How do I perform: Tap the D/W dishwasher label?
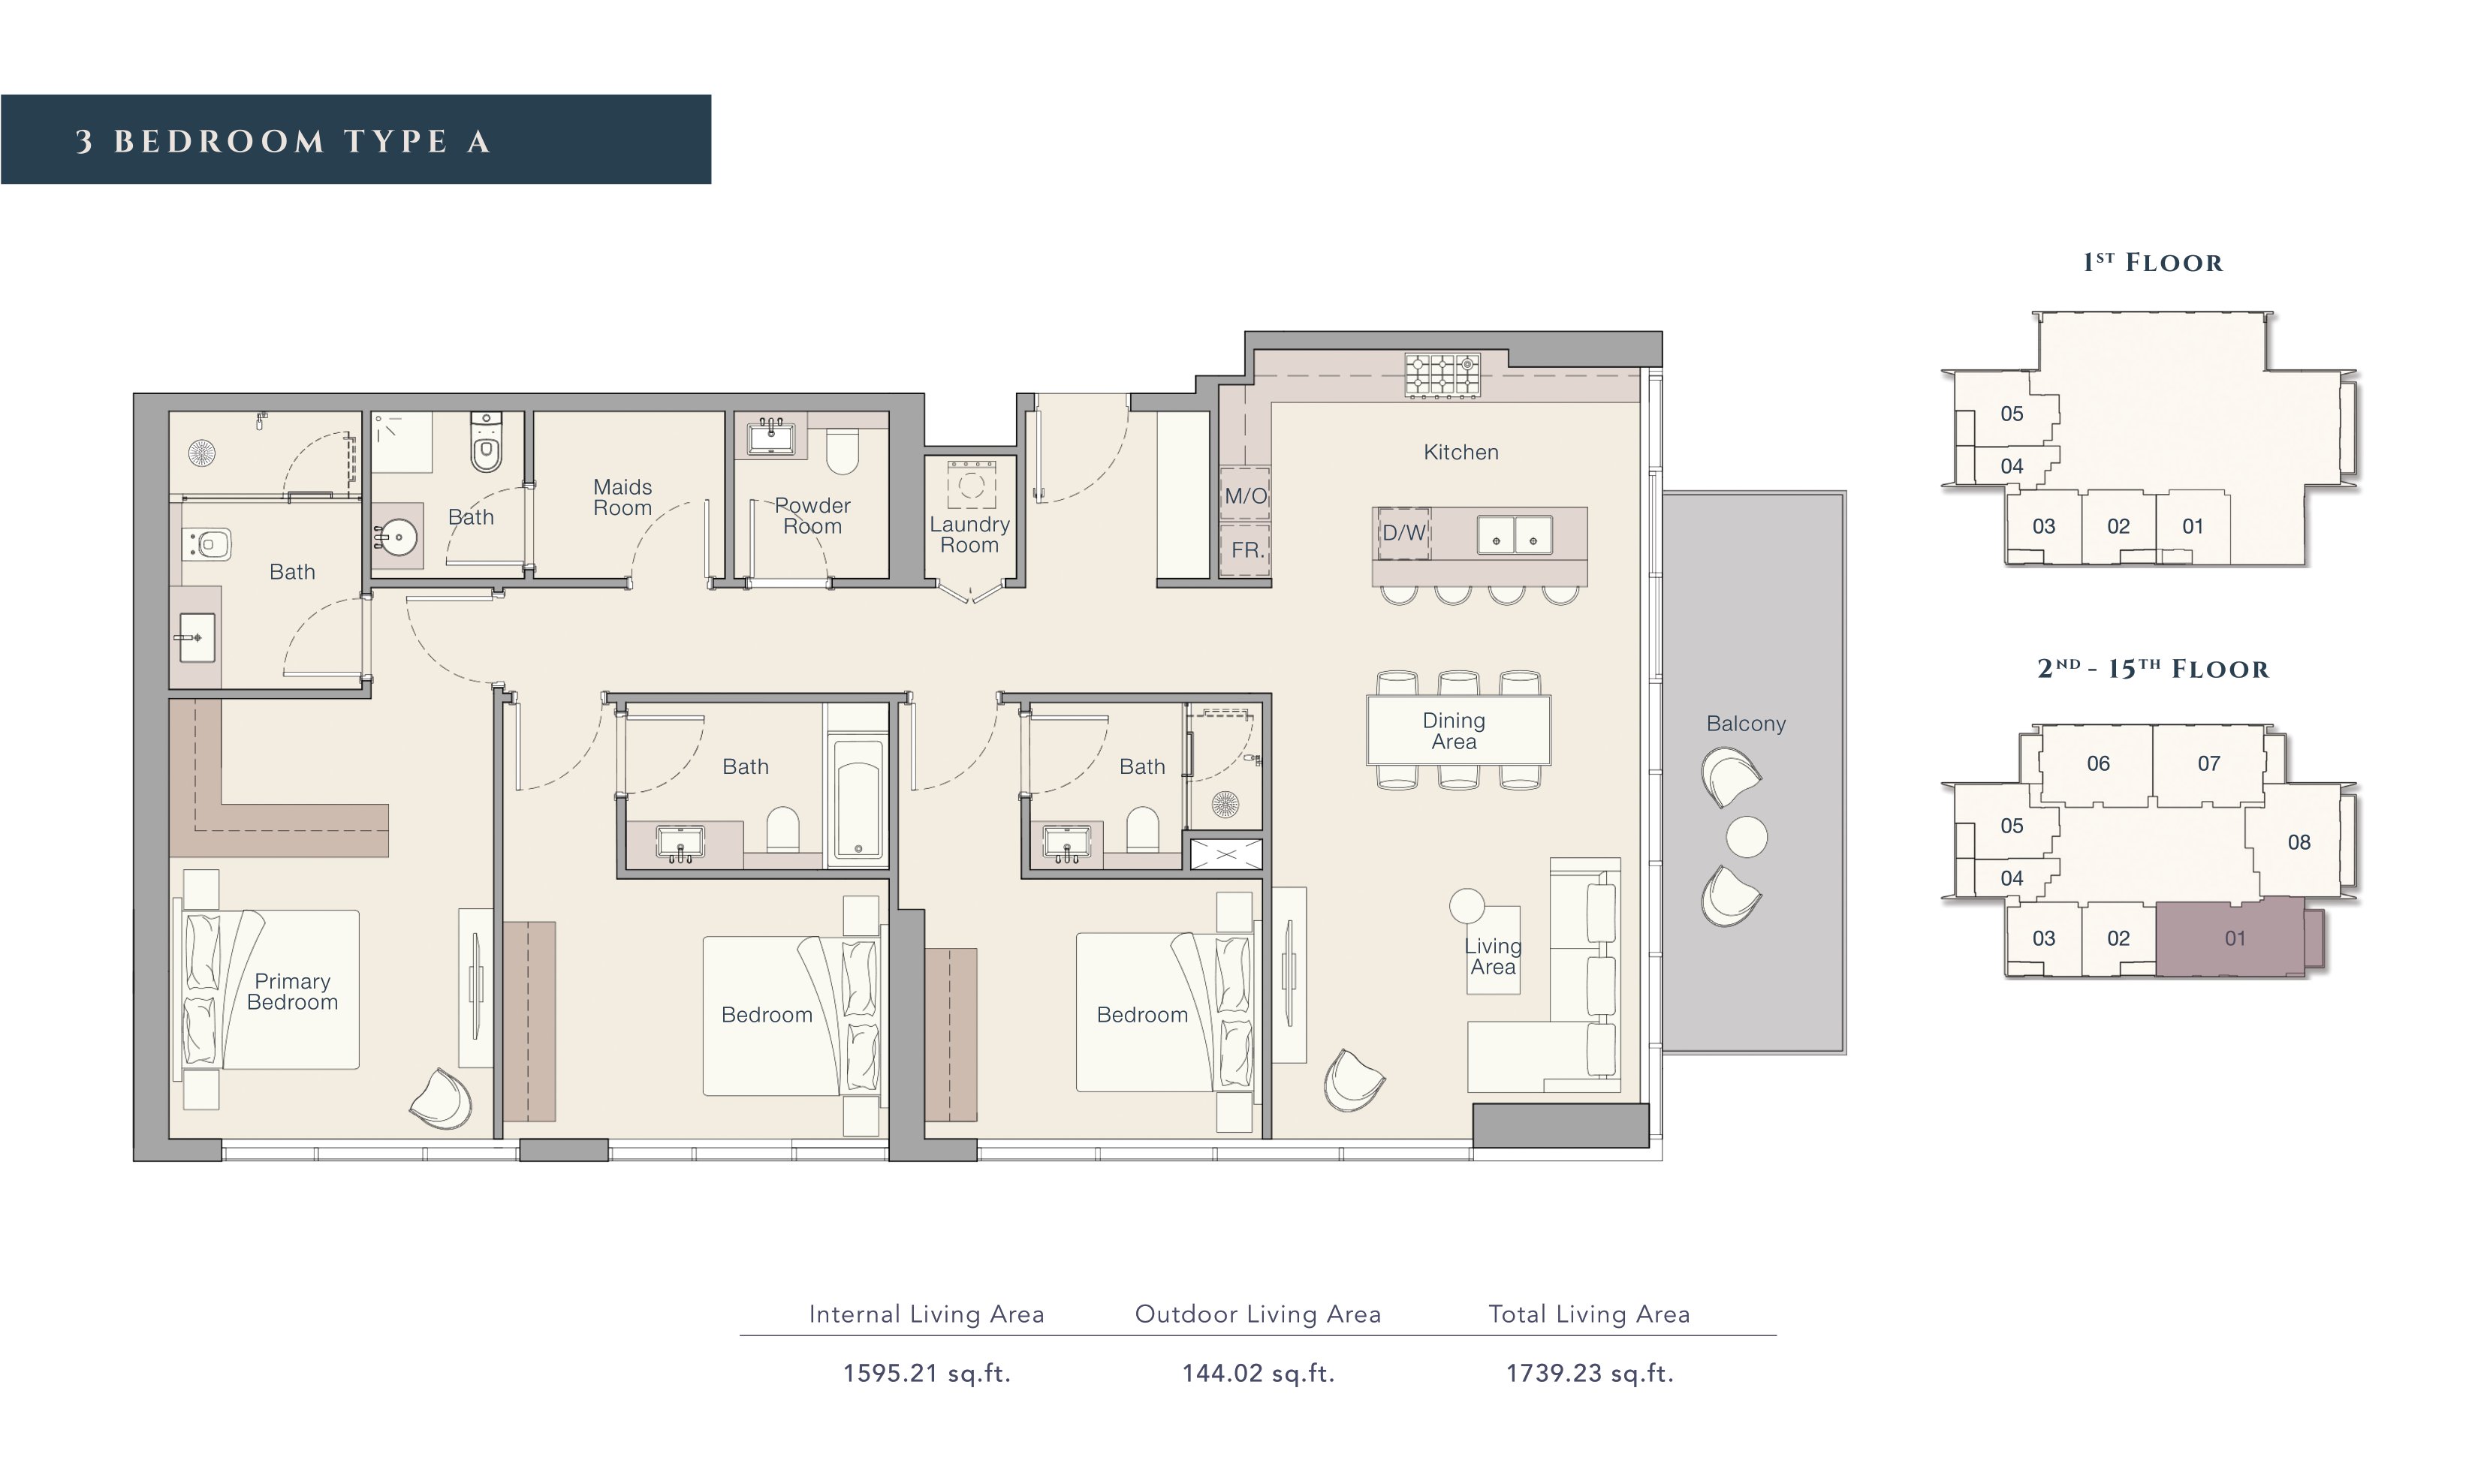click(1403, 533)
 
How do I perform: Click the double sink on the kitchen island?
click(1514, 535)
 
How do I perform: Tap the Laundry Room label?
click(969, 535)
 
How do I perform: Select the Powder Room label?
click(812, 516)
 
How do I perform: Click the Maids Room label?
click(623, 497)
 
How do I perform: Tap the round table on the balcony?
click(1746, 837)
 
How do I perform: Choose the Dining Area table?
click(1458, 730)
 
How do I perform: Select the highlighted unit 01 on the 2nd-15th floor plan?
click(2234, 938)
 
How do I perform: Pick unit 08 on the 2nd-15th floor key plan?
click(2299, 842)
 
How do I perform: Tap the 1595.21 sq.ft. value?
click(927, 1374)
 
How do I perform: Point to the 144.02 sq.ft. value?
click(1258, 1374)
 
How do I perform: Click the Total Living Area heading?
click(1589, 1314)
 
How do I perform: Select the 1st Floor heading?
click(2152, 263)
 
